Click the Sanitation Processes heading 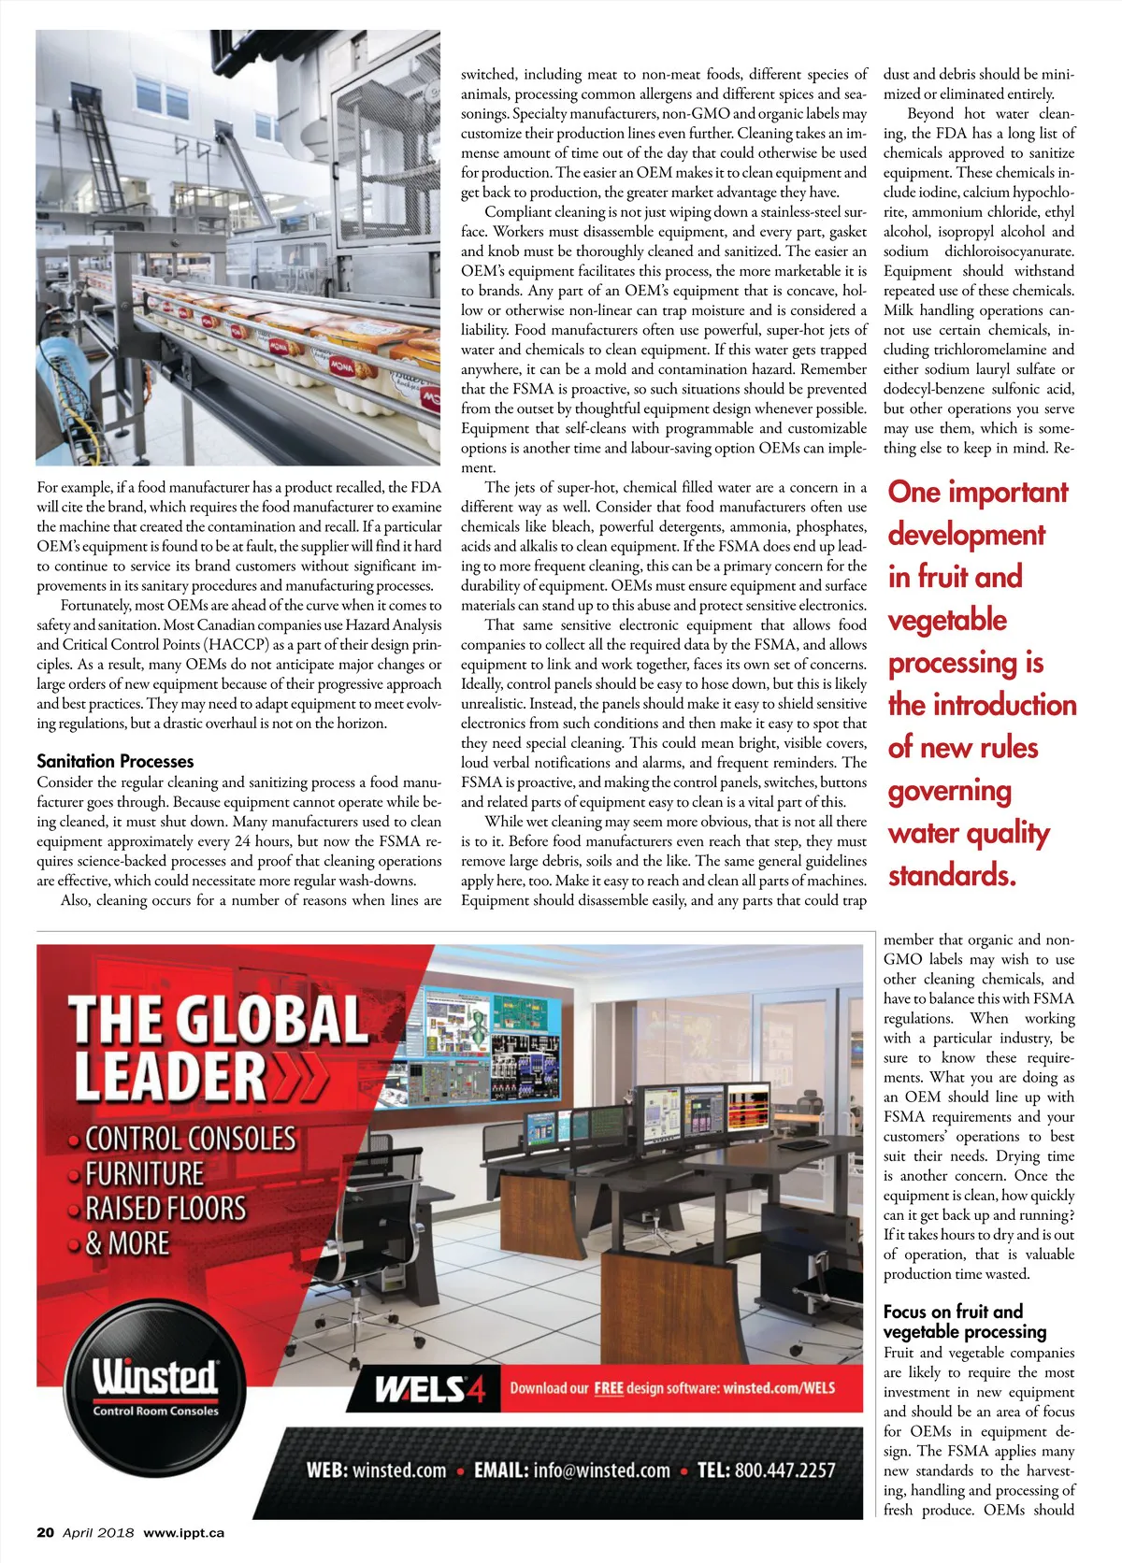[x=115, y=762]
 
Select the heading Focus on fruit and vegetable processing [x=965, y=1322]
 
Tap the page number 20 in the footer [x=46, y=1532]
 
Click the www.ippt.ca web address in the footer [x=183, y=1532]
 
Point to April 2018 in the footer [x=98, y=1532]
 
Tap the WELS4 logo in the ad [x=430, y=1389]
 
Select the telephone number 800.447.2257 [x=784, y=1470]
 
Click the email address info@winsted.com [x=602, y=1470]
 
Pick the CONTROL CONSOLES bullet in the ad [x=190, y=1139]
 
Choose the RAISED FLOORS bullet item [x=165, y=1209]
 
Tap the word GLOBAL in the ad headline [x=271, y=1020]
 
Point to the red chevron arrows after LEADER [x=300, y=1078]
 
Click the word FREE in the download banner [x=609, y=1388]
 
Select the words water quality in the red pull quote [x=969, y=833]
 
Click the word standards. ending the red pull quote [x=952, y=876]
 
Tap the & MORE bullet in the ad [x=127, y=1244]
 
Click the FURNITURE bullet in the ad [x=144, y=1174]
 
